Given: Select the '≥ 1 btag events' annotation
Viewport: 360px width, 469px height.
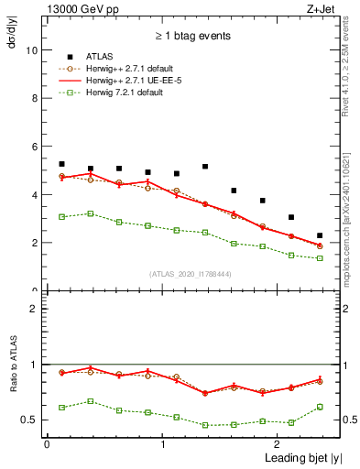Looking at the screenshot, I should (191, 36).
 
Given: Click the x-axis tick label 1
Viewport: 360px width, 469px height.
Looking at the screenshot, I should (162, 444).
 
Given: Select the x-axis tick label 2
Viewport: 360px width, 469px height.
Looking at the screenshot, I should (278, 444).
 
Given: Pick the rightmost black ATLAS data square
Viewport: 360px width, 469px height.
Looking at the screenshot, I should (320, 235).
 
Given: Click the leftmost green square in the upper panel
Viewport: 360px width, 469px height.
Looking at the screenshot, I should (61, 217).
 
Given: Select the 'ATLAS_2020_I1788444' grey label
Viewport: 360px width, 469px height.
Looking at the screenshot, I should (191, 274).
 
